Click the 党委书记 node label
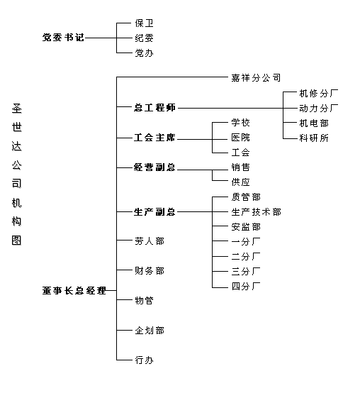click(63, 38)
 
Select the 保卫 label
click(144, 23)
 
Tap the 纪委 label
click(144, 38)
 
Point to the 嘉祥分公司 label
click(256, 77)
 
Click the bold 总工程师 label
click(154, 108)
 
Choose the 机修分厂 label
click(319, 94)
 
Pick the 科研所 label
click(314, 138)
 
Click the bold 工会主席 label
click(154, 138)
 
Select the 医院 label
click(241, 138)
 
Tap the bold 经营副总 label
click(154, 167)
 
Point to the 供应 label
click(241, 182)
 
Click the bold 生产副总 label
click(154, 211)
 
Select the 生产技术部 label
click(256, 212)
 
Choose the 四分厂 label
click(246, 287)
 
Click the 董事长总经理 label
click(74, 291)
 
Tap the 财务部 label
click(150, 271)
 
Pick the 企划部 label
click(150, 331)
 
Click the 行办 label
click(144, 360)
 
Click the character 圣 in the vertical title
click(17, 109)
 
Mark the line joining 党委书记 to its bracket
click(101, 38)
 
